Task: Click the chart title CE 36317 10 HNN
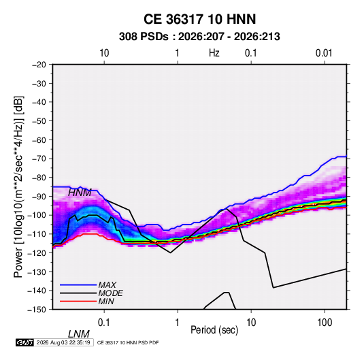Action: coord(199,19)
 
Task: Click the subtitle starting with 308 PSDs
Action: coord(199,37)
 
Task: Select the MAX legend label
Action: coord(107,284)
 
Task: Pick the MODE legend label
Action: coord(110,293)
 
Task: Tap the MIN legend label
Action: coord(106,301)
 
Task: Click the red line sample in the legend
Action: coord(78,301)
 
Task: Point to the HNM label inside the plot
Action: coord(80,193)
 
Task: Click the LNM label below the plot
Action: coord(79,334)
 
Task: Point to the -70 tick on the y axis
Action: coord(39,159)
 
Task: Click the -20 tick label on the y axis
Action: coord(39,65)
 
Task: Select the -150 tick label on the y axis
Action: coord(37,310)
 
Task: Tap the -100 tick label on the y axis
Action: coord(37,215)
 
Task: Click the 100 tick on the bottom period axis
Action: coord(325,323)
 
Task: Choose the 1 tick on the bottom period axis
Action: coord(178,323)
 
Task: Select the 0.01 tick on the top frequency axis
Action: coord(324,53)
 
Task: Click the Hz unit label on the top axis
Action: coord(214,53)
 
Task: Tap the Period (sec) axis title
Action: coord(214,330)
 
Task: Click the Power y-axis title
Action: coord(18,186)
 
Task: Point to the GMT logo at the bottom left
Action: coord(25,342)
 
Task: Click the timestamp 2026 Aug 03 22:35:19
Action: coord(63,342)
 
